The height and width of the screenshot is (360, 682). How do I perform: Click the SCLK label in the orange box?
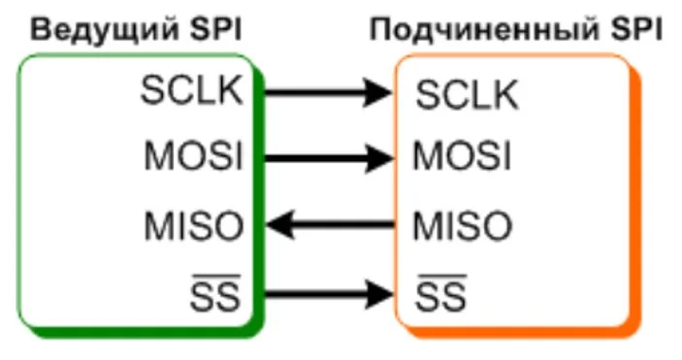[x=466, y=94]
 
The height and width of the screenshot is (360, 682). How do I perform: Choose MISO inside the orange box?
[x=463, y=227]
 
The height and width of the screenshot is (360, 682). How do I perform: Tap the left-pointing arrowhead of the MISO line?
[x=280, y=227]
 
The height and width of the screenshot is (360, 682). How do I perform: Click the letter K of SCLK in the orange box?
[x=506, y=94]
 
